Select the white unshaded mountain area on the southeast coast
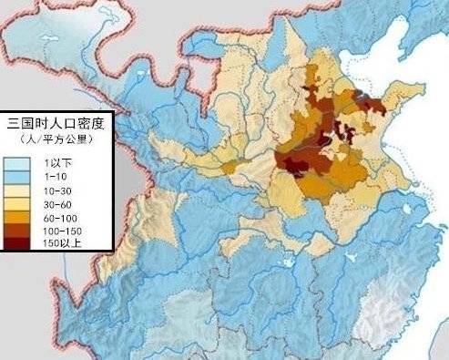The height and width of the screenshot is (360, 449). [x=387, y=314]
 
